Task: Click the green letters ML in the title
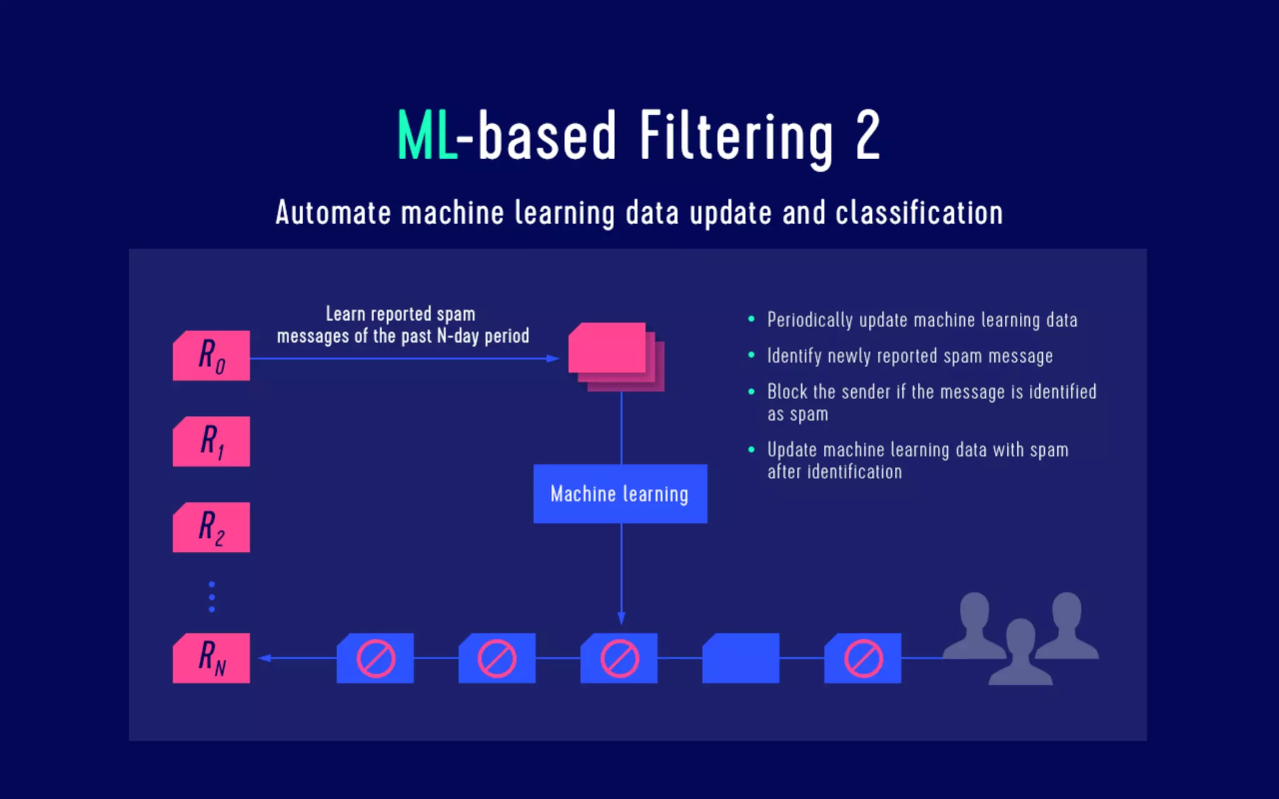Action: (427, 136)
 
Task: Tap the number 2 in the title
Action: (867, 135)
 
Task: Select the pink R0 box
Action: (211, 356)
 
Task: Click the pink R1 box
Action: (211, 441)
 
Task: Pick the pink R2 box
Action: (211, 527)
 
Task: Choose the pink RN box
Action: (211, 658)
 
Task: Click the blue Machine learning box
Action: (620, 494)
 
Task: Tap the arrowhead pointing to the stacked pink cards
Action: (553, 358)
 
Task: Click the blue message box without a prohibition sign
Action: (741, 658)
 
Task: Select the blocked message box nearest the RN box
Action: (375, 658)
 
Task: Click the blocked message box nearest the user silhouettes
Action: (862, 658)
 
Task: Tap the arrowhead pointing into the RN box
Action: (265, 658)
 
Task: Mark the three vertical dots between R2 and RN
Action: (212, 597)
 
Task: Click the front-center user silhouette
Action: (1020, 652)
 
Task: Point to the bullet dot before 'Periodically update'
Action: (751, 320)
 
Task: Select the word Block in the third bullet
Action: (787, 392)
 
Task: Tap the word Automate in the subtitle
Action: (333, 213)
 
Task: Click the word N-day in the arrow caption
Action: (457, 336)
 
